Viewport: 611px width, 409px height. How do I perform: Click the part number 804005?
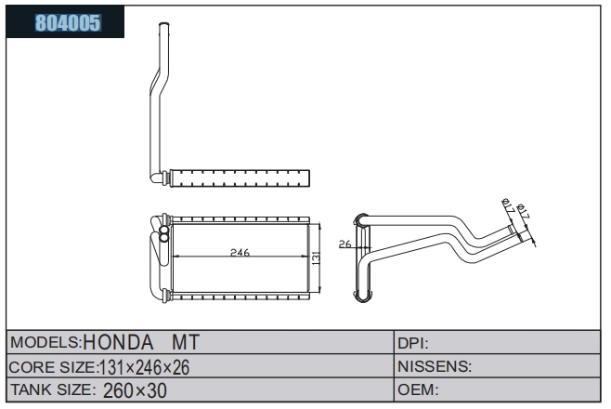(x=68, y=22)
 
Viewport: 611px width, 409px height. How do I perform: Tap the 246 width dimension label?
(x=240, y=252)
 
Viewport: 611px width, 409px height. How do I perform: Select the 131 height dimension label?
(x=316, y=258)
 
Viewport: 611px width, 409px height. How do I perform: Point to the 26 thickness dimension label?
(x=344, y=244)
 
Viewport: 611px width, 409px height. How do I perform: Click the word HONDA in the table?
(x=118, y=342)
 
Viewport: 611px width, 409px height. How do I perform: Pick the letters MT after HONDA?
(x=186, y=342)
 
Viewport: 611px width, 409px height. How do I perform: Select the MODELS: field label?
(x=45, y=342)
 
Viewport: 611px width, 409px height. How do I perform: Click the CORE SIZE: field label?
(x=53, y=367)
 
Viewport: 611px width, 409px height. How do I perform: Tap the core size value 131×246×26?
(x=145, y=367)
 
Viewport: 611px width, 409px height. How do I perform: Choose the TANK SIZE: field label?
(x=53, y=389)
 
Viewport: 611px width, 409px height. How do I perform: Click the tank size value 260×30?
(x=135, y=390)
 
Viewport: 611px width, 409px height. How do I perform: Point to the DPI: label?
(x=413, y=344)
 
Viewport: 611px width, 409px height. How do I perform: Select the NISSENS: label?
(x=435, y=366)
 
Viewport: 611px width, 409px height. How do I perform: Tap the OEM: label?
(x=418, y=389)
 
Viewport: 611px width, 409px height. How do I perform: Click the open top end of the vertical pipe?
(x=164, y=24)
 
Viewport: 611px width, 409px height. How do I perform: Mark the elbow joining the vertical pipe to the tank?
(x=157, y=178)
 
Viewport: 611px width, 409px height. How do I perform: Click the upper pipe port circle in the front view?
(x=164, y=230)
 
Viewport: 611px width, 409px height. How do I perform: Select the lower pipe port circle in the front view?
(x=164, y=237)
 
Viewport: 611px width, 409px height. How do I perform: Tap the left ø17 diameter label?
(x=508, y=205)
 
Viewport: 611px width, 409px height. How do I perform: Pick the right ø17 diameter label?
(x=523, y=211)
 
